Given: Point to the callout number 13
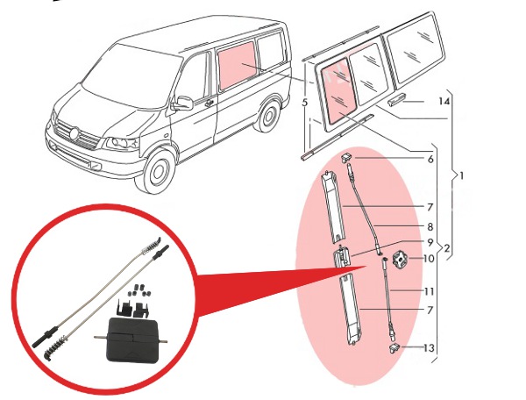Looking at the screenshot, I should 428,348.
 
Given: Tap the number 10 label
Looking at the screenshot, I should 429,259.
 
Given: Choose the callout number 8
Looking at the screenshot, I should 430,225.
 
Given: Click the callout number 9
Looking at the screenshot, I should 430,243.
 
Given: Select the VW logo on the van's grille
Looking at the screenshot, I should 75,135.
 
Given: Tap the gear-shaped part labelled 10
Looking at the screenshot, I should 401,261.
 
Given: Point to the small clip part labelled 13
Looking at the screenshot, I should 395,347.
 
